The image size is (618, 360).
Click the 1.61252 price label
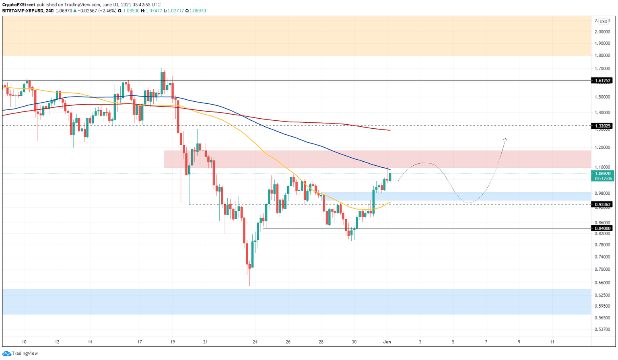[x=602, y=80]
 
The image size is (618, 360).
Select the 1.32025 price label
[x=602, y=126]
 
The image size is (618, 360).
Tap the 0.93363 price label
[x=602, y=204]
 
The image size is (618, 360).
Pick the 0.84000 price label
[x=602, y=228]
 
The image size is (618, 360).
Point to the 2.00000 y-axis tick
[x=602, y=32]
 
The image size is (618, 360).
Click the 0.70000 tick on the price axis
[x=602, y=269]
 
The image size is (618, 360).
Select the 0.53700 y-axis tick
[x=602, y=329]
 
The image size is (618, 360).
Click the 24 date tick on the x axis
[x=255, y=342]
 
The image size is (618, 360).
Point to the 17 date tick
[x=140, y=342]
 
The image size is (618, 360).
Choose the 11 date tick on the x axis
[x=552, y=342]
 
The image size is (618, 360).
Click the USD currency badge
[x=603, y=21]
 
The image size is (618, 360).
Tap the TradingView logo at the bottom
[x=20, y=353]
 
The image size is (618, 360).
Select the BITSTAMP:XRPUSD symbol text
[x=23, y=11]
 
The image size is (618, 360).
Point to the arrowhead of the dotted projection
[x=505, y=139]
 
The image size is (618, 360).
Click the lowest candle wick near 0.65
[x=249, y=285]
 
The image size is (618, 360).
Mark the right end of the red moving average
[x=389, y=130]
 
